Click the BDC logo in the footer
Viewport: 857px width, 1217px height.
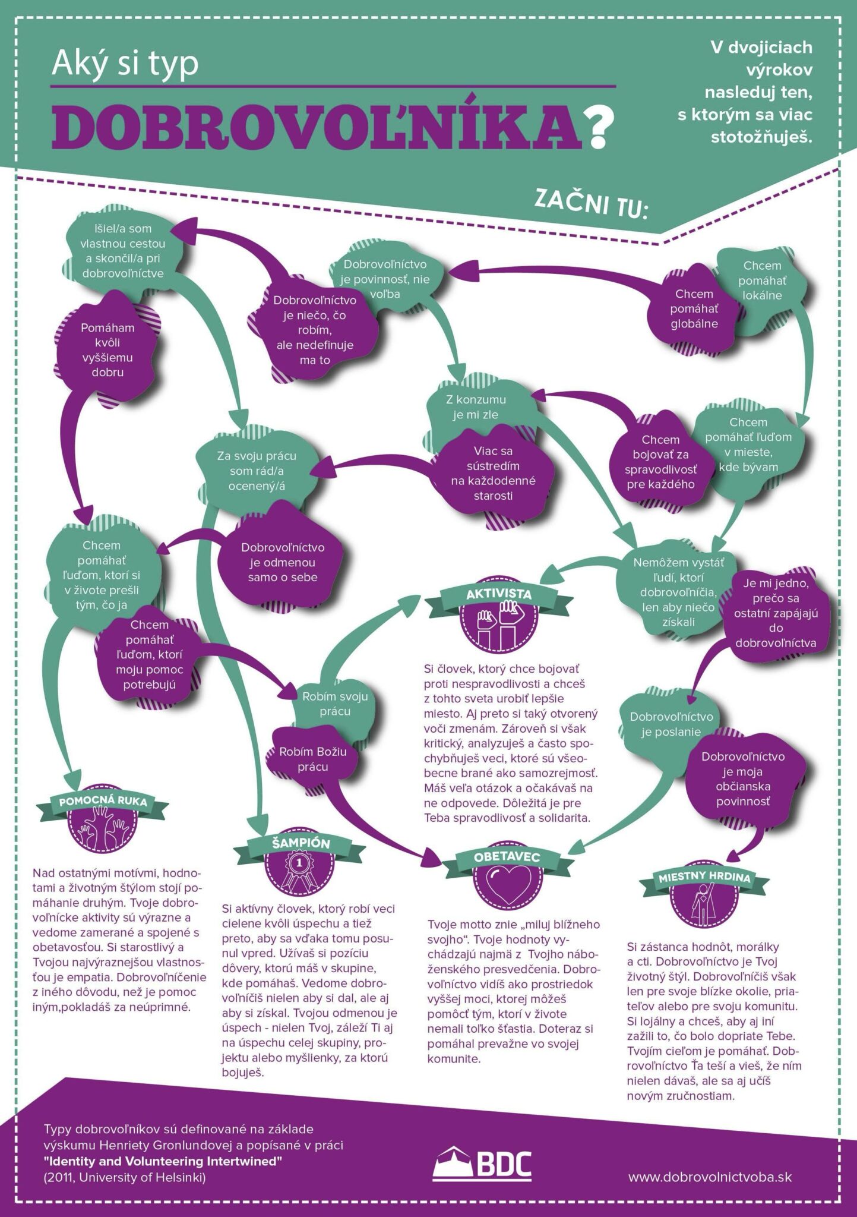pyautogui.click(x=482, y=1164)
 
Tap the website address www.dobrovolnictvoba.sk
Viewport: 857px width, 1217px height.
pyautogui.click(x=710, y=1176)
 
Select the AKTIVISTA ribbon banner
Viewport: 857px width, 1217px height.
pyautogui.click(x=498, y=595)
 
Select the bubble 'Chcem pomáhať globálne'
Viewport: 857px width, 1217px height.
pyautogui.click(x=694, y=309)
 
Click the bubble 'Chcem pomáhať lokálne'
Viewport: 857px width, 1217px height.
pyautogui.click(x=763, y=280)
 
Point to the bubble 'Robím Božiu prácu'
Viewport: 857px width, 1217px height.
pyautogui.click(x=313, y=759)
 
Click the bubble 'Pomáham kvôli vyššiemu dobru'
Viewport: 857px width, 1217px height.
pyautogui.click(x=107, y=349)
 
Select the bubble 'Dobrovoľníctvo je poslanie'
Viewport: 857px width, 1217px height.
pyautogui.click(x=671, y=724)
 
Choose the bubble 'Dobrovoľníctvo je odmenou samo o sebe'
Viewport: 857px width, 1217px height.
pyautogui.click(x=282, y=562)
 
